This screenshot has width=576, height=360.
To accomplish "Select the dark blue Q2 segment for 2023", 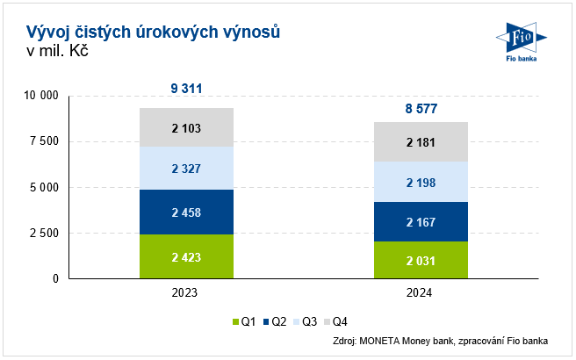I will [186, 212].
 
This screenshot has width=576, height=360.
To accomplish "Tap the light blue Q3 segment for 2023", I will [186, 168].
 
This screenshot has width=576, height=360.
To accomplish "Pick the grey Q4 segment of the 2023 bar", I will [186, 127].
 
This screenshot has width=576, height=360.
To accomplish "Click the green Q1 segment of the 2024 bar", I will [420, 260].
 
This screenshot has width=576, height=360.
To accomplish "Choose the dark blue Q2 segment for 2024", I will [420, 221].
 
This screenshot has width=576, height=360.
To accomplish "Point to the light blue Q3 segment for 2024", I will [420, 182].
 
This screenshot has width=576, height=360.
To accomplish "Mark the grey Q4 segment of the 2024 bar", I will [420, 141].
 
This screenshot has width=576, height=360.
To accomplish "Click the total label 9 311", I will [186, 88].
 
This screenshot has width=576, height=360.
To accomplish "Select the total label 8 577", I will [420, 109].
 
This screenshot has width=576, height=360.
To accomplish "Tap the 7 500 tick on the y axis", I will [43, 141].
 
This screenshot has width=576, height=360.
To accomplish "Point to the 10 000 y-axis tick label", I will [40, 96].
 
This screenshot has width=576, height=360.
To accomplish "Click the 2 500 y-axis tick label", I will [43, 233].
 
